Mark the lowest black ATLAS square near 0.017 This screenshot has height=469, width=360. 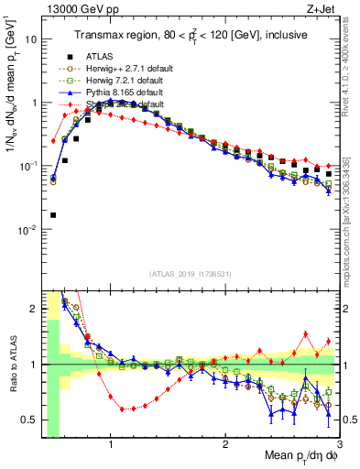pos(53,215)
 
